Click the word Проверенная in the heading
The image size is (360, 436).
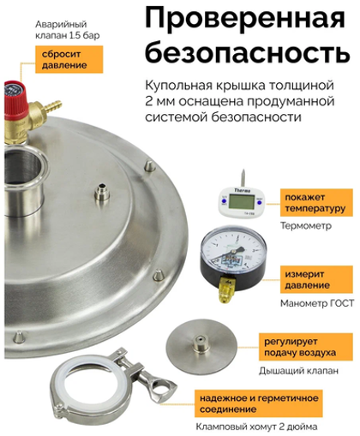tap(245, 19)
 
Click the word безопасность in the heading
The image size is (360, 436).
tap(248, 52)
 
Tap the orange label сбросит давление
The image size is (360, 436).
tap(69, 59)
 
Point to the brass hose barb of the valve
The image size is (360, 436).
tap(53, 106)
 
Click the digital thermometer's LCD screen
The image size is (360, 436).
tap(242, 201)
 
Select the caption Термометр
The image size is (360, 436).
tap(306, 226)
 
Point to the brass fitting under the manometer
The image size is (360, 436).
tap(227, 290)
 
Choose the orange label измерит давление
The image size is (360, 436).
tap(316, 279)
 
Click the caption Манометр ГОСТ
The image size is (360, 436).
tap(317, 303)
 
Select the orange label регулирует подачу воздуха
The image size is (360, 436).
tap(306, 347)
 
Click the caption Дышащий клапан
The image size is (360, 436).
tap(298, 371)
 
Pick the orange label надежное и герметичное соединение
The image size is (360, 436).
tap(259, 403)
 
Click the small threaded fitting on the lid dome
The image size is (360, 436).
tap(102, 193)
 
